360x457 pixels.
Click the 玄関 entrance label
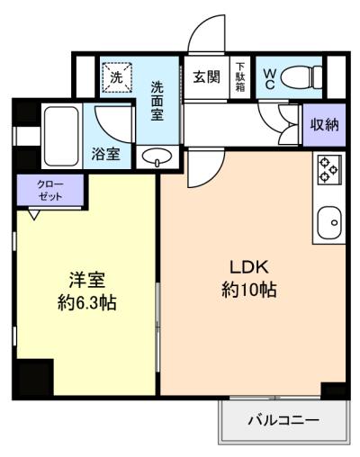pyautogui.click(x=206, y=77)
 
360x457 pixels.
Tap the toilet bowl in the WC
pyautogui.click(x=301, y=77)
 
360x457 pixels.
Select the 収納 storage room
pyautogui.click(x=324, y=124)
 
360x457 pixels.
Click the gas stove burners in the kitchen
pyautogui.click(x=328, y=169)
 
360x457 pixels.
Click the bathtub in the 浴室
pyautogui.click(x=61, y=137)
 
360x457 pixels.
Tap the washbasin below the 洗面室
pyautogui.click(x=157, y=157)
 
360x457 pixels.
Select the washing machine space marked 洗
pyautogui.click(x=117, y=77)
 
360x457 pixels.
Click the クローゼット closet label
pyautogui.click(x=50, y=190)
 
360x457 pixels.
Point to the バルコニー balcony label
pyautogui.click(x=283, y=420)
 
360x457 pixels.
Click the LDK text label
pyautogui.click(x=249, y=266)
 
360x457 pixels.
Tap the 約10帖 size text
pyautogui.click(x=249, y=290)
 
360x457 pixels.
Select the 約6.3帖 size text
pyautogui.click(x=87, y=303)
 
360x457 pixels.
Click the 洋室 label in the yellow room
pyautogui.click(x=87, y=280)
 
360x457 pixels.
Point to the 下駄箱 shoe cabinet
pyautogui.click(x=240, y=77)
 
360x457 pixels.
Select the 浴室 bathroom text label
pyautogui.click(x=106, y=154)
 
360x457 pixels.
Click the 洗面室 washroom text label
pyautogui.click(x=157, y=101)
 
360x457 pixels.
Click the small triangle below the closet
pyautogui.click(x=34, y=215)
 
